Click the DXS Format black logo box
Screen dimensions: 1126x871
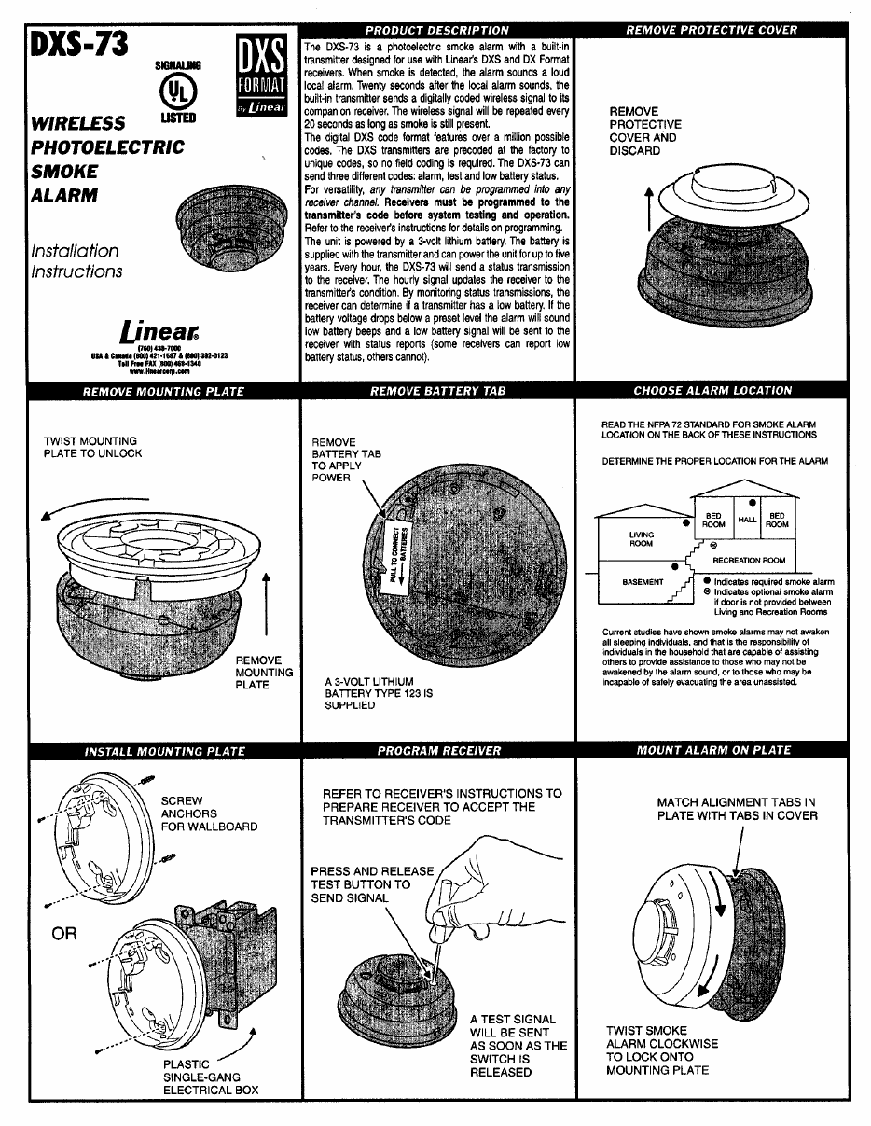260,75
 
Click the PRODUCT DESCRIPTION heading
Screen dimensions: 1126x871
436,30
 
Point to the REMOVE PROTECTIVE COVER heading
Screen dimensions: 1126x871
712,30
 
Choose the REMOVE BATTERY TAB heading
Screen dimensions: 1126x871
437,391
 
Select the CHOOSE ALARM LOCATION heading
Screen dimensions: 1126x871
712,391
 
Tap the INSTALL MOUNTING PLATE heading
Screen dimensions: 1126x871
165,751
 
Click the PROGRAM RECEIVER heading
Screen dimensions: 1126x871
438,751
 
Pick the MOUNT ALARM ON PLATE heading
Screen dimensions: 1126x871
712,751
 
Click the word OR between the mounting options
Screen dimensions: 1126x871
64,934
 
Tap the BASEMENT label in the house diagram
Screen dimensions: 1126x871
643,582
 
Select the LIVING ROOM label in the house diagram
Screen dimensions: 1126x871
642,539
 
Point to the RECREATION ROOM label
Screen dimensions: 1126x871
749,561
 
